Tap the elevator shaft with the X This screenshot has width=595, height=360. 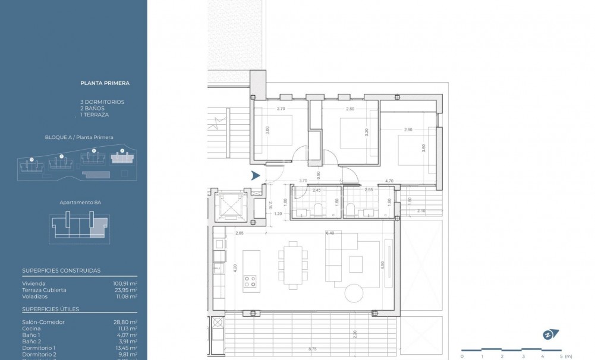pyautogui.click(x=228, y=205)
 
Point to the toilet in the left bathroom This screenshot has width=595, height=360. pyautogui.click(x=317, y=209)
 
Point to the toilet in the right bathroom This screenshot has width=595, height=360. pyautogui.click(x=351, y=209)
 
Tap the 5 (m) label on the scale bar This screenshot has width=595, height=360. pyautogui.click(x=565, y=356)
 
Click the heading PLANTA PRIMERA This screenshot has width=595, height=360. pyautogui.click(x=105, y=84)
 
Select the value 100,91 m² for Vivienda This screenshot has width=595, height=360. pyautogui.click(x=125, y=284)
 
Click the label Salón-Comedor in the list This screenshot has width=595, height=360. pyautogui.click(x=43, y=322)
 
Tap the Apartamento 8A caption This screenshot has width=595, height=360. pyautogui.click(x=80, y=203)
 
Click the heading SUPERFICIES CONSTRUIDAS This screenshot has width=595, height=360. pyautogui.click(x=61, y=271)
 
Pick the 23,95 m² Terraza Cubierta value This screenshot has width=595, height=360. pyautogui.click(x=125, y=290)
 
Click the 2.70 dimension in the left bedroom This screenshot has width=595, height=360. pyautogui.click(x=281, y=109)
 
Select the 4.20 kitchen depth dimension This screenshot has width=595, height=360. pyautogui.click(x=235, y=267)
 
